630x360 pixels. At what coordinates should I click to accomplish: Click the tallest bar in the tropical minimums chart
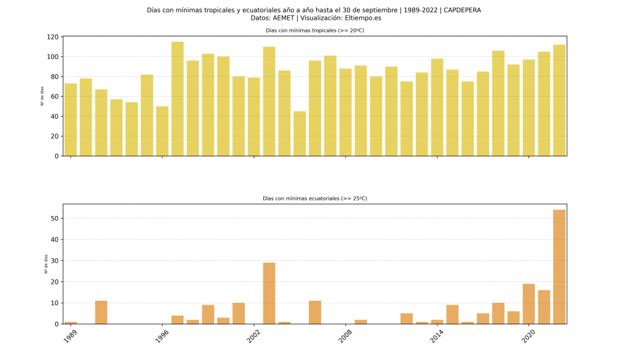[177, 98]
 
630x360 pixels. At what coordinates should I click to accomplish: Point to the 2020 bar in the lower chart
[528, 304]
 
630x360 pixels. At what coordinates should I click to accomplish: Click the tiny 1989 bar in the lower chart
[71, 322]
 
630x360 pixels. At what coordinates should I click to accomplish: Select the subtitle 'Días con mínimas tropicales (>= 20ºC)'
[315, 30]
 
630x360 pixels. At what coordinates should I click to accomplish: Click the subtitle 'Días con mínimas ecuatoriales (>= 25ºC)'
[315, 198]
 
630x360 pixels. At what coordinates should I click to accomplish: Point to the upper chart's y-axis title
[42, 97]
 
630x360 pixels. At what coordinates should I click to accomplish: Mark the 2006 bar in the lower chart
[315, 313]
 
